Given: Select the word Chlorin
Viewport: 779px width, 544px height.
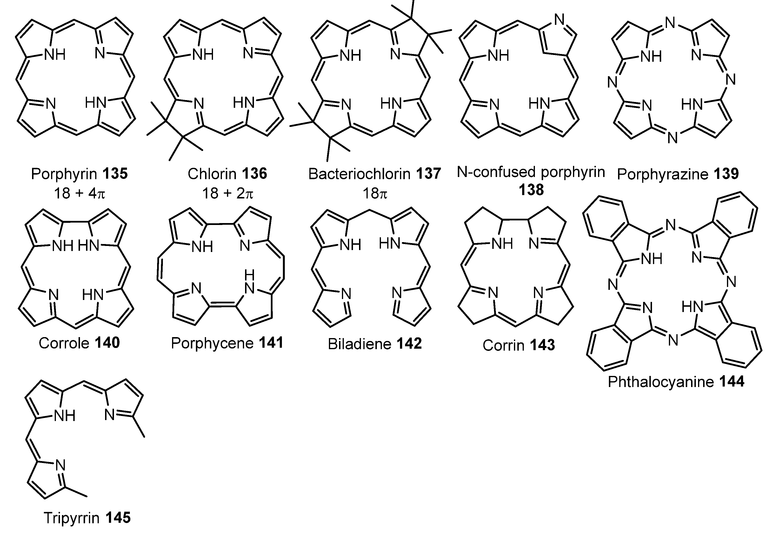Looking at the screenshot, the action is coord(212,174).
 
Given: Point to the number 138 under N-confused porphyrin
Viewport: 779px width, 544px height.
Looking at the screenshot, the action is coord(531,190).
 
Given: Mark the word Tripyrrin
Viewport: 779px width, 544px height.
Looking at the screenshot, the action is coord(72,518).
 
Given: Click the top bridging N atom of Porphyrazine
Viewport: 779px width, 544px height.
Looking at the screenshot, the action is coord(670,23).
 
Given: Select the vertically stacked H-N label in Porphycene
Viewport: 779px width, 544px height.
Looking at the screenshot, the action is coord(249,282).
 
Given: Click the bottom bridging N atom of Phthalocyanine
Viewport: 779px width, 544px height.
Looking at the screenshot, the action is coord(673,340).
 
